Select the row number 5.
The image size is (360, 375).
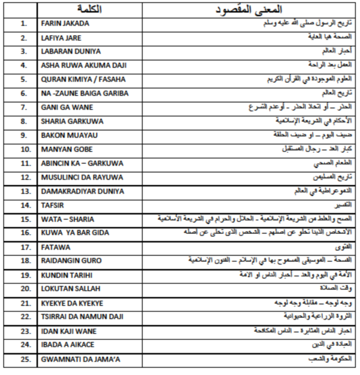coord(23,79)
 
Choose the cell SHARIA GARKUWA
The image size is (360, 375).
coord(72,121)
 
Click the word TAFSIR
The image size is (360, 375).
coord(53,205)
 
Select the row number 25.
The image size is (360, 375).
coord(23,360)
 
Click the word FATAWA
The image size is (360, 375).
coord(55,248)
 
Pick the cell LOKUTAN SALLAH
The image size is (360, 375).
coord(70,289)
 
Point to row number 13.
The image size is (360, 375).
coord(23,191)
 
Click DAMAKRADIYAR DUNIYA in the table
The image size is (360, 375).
coord(82,191)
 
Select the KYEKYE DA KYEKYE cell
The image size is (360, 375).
coord(72,303)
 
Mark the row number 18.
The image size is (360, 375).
coord(23,261)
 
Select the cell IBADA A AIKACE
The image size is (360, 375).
coord(68,345)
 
